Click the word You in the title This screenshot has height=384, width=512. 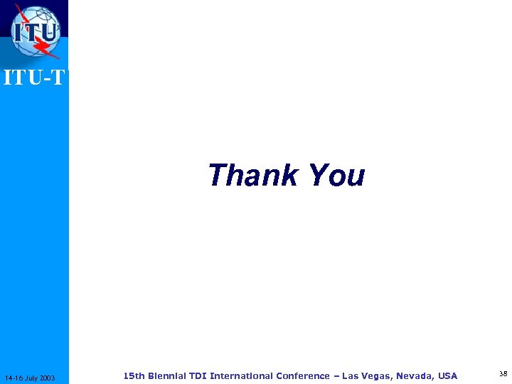pyautogui.click(x=336, y=176)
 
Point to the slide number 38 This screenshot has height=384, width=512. pyautogui.click(x=503, y=374)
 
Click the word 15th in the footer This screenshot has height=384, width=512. pyautogui.click(x=134, y=375)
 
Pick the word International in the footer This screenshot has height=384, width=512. pyautogui.click(x=242, y=375)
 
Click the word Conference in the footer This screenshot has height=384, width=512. pyautogui.click(x=304, y=375)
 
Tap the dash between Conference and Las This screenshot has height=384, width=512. pyautogui.click(x=336, y=375)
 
